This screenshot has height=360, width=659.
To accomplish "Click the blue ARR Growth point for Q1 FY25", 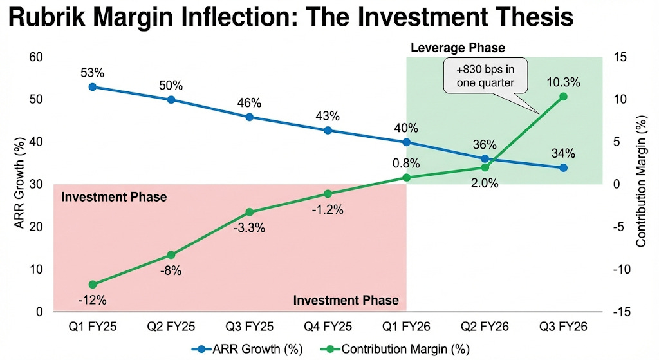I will (x=93, y=87).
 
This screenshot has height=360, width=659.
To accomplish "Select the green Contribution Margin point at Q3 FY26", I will (x=563, y=97).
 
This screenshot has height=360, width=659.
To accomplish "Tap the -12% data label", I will (x=93, y=299).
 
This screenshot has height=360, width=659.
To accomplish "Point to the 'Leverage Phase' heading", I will (x=458, y=48).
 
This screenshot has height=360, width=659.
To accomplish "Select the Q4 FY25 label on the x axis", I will (x=328, y=327).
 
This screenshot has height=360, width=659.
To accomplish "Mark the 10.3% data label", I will (x=563, y=82).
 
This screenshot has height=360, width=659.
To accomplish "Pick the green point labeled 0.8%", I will (x=406, y=177).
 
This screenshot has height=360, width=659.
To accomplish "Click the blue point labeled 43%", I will (x=328, y=130).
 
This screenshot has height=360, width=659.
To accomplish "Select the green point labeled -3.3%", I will (x=249, y=213).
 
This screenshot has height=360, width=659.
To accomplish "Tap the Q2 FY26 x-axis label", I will (x=485, y=327).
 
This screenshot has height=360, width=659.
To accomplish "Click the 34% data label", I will (x=563, y=153).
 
